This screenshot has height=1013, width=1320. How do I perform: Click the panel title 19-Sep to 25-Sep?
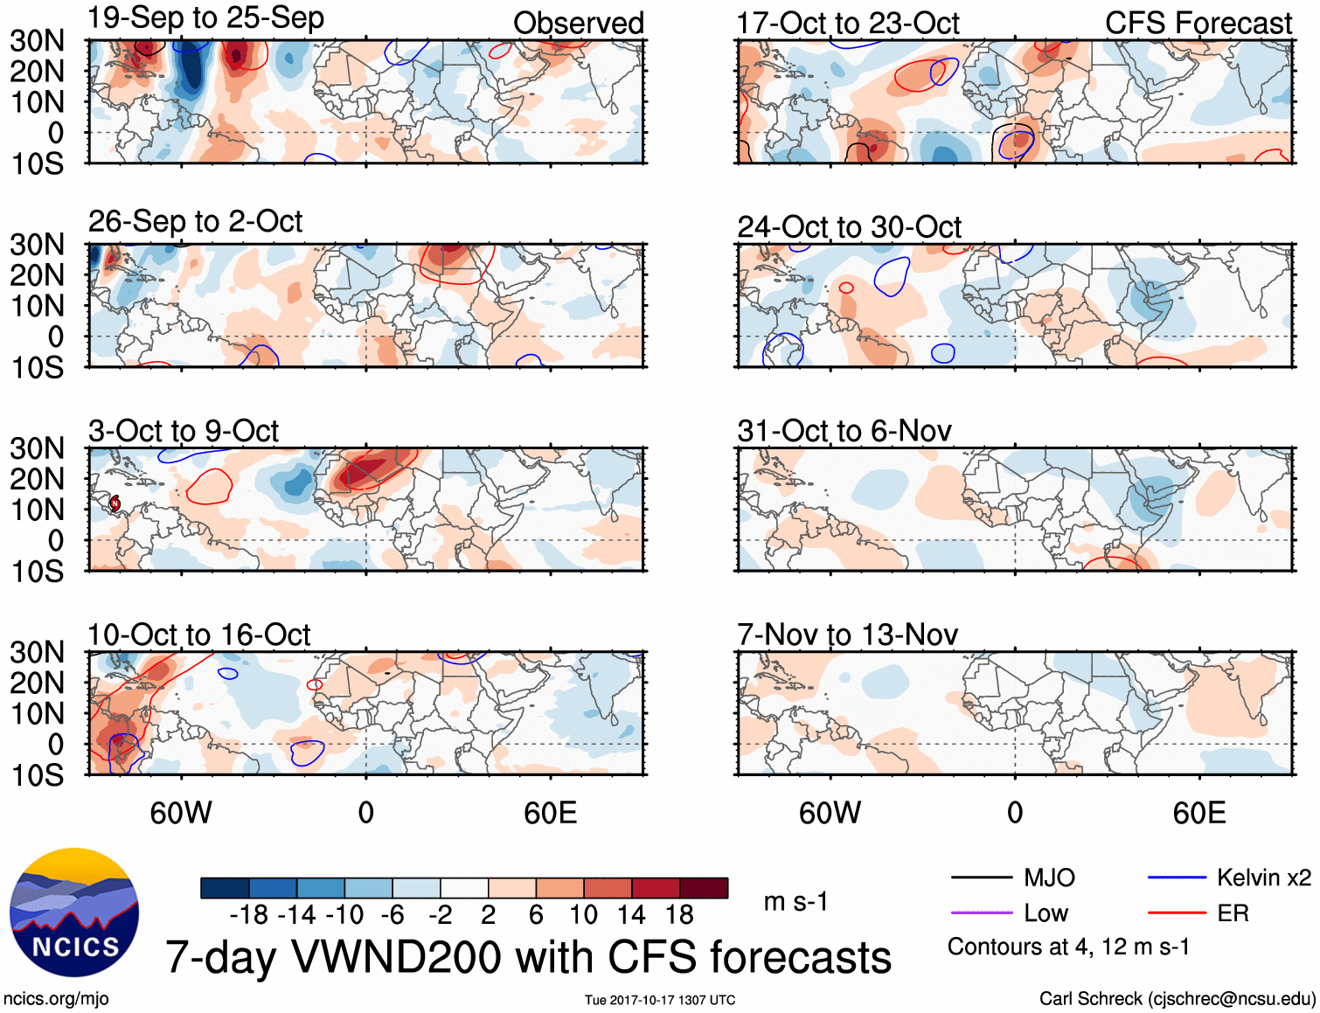pyautogui.click(x=206, y=18)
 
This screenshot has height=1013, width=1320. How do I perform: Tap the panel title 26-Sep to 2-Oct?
pyautogui.click(x=195, y=222)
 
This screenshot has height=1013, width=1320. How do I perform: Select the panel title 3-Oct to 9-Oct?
pyautogui.click(x=184, y=431)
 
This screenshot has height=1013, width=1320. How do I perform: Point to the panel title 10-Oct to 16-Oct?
pyautogui.click(x=199, y=635)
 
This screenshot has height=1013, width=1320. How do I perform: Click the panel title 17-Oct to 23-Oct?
pyautogui.click(x=848, y=24)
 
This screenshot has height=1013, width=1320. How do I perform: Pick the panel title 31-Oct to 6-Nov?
pyautogui.click(x=844, y=431)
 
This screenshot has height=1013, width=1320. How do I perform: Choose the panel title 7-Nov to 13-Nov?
pyautogui.click(x=848, y=635)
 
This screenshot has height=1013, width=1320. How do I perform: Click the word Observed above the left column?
pyautogui.click(x=578, y=24)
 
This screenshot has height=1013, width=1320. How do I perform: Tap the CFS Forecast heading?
pyautogui.click(x=1198, y=24)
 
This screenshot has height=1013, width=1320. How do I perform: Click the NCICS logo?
pyautogui.click(x=74, y=912)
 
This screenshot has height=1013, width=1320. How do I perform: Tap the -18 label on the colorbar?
pyautogui.click(x=248, y=915)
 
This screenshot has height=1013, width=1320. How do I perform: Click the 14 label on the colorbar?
pyautogui.click(x=631, y=915)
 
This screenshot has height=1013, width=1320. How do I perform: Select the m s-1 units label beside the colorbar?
pyautogui.click(x=795, y=901)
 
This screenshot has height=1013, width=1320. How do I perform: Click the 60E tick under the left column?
pyautogui.click(x=550, y=814)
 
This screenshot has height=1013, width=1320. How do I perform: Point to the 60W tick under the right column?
pyautogui.click(x=830, y=814)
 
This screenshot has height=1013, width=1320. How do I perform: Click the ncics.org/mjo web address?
pyautogui.click(x=56, y=999)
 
